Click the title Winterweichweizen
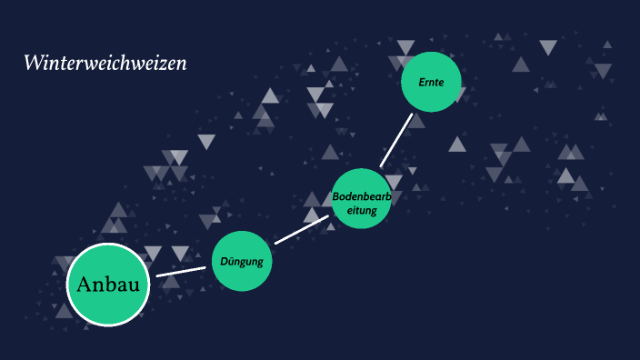coord(105,64)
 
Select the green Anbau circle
coord(108,309)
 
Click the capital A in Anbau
coord(85,285)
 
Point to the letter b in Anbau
coord(113,284)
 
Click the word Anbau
coord(108,285)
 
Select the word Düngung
coord(242,262)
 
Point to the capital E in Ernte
coord(422,83)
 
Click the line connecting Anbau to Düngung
coord(181,271)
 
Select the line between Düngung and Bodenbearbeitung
coord(301,230)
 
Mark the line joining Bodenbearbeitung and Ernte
coord(396,140)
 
